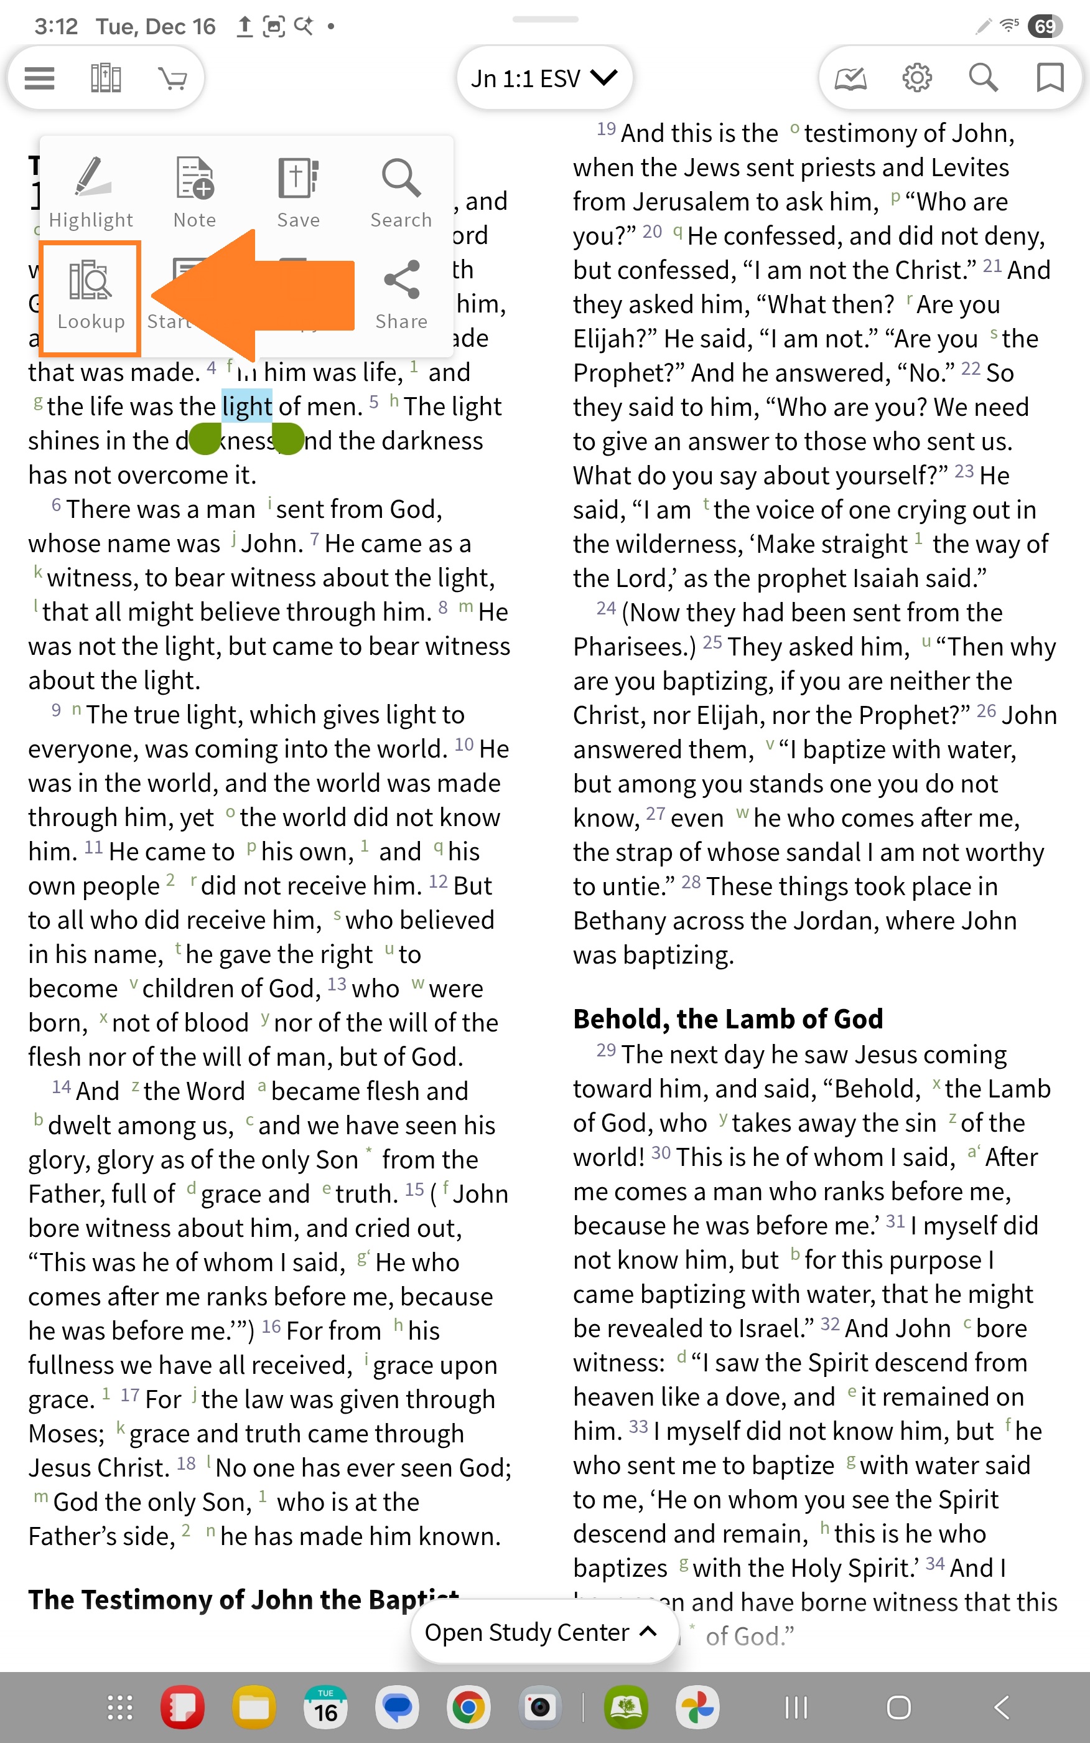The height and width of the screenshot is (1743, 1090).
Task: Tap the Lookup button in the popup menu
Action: (x=90, y=298)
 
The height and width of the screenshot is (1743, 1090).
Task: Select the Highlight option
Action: (x=91, y=192)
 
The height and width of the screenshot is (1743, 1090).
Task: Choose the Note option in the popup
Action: (x=195, y=192)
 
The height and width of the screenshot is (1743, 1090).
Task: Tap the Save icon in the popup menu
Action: (x=298, y=192)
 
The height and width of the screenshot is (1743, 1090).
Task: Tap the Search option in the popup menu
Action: (x=401, y=192)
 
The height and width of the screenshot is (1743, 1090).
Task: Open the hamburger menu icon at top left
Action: (x=40, y=78)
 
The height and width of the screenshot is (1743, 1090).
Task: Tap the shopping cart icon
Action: (x=172, y=78)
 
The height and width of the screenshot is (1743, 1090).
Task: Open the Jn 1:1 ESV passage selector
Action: (x=544, y=78)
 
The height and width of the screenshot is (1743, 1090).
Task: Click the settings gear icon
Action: (x=917, y=78)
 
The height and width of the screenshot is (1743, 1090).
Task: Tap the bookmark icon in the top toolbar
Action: (x=1050, y=78)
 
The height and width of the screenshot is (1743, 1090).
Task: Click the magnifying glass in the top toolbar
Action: (x=984, y=78)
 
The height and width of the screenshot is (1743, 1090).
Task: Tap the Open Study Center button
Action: (x=541, y=1632)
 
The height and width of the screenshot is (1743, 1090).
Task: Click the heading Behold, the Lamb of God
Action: (x=727, y=1019)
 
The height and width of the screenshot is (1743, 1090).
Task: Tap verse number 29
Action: (x=605, y=1050)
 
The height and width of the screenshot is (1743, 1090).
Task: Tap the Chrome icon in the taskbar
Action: (x=468, y=1707)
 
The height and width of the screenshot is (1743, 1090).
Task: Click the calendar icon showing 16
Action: (x=325, y=1707)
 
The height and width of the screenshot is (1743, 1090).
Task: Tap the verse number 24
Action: (x=605, y=609)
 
